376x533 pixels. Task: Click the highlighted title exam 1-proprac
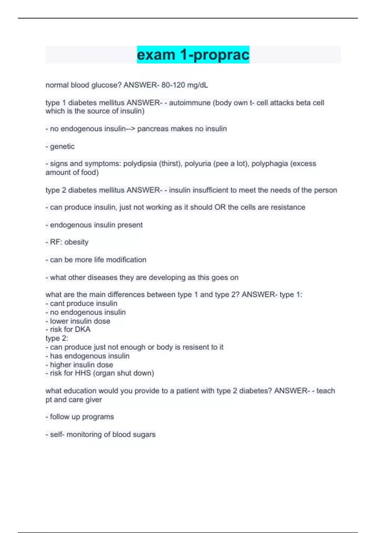point(193,55)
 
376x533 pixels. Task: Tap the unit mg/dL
point(198,85)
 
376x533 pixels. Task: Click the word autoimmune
point(190,103)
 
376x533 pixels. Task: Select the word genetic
point(62,146)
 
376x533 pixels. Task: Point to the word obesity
point(76,242)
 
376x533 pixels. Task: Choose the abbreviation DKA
point(83,329)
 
